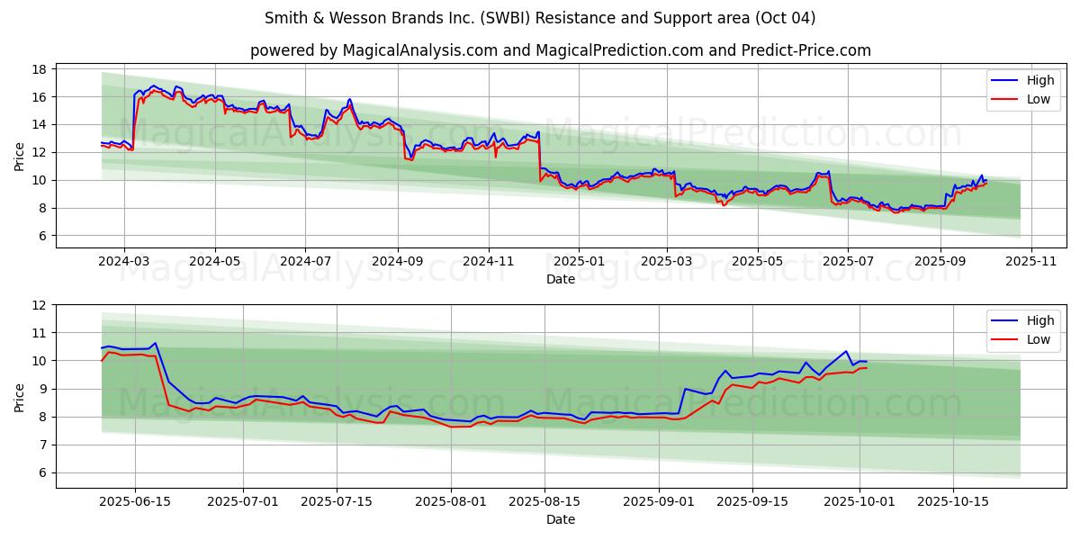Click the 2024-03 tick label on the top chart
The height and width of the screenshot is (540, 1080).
click(123, 262)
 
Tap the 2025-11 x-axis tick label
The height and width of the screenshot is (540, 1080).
click(1031, 262)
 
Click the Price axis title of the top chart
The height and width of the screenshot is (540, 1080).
click(20, 156)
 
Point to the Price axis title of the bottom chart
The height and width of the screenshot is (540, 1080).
click(20, 396)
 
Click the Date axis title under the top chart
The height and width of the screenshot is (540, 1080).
click(560, 279)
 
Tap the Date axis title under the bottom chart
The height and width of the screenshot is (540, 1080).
click(560, 519)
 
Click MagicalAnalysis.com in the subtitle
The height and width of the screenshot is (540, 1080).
click(419, 50)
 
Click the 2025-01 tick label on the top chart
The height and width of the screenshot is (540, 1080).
click(579, 262)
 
